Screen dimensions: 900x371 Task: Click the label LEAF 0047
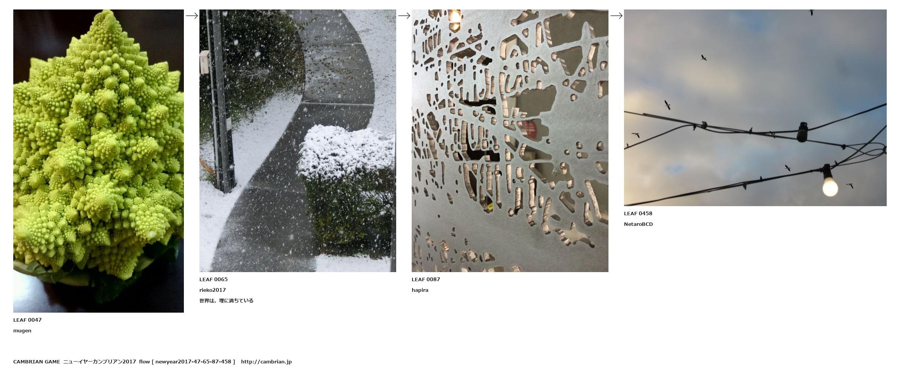point(27,320)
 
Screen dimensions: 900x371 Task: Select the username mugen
point(22,331)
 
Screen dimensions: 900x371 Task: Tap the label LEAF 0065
point(213,279)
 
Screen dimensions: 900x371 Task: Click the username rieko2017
point(213,290)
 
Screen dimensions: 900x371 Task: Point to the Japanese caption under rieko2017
point(226,301)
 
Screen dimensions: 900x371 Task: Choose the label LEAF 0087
point(426,279)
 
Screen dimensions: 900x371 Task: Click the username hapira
point(420,290)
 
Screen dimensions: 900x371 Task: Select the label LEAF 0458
point(638,213)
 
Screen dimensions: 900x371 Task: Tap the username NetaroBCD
point(638,224)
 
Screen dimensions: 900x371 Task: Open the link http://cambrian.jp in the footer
point(266,362)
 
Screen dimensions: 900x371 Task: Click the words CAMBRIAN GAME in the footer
point(36,362)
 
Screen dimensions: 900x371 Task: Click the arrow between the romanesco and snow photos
point(192,16)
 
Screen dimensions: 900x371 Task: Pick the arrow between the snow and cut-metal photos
point(404,16)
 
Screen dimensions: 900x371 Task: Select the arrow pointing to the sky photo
point(616,16)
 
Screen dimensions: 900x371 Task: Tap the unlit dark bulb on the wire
point(802,132)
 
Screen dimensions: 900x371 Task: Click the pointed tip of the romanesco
point(110,11)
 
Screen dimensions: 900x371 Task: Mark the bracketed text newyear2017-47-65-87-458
point(193,362)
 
